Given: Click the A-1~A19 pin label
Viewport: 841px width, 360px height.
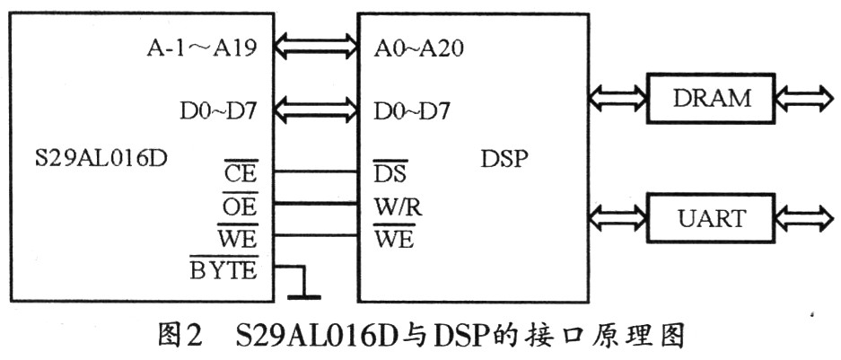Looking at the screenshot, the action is tap(202, 49).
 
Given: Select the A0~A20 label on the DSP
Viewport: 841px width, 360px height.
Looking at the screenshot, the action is tap(418, 49).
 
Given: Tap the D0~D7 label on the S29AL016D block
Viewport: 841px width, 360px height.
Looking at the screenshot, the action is tap(218, 111).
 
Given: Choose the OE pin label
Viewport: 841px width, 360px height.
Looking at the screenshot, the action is tap(241, 205).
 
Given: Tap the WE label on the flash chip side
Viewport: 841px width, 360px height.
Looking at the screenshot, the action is tap(238, 237).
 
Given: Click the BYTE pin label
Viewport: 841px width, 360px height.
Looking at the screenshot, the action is tap(224, 268).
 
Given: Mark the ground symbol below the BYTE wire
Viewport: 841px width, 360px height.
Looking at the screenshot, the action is tap(304, 296).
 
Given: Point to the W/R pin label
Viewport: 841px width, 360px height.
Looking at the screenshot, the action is tap(398, 206).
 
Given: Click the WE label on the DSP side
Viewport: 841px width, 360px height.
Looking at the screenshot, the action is tap(394, 237).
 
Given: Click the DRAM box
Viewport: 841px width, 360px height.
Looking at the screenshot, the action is tap(711, 98).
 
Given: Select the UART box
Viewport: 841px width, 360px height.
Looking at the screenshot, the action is tap(711, 218).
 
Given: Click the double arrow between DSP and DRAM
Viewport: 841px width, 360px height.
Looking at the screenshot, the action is tap(618, 98).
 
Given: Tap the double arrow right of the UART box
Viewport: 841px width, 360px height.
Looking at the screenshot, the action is tap(804, 218).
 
